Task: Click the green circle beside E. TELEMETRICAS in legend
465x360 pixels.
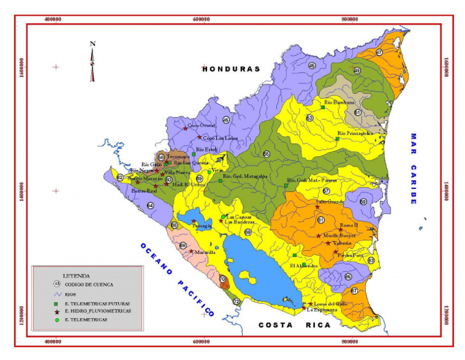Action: pos(56,319)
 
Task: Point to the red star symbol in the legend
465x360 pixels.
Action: pos(56,310)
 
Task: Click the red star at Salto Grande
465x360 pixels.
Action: pos(317,207)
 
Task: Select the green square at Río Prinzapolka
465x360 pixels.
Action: pos(337,138)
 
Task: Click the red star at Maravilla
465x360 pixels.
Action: pos(191,251)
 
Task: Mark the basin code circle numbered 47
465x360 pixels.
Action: pos(379,53)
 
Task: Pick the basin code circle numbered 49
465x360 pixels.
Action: pos(357,71)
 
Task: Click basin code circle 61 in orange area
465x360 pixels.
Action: pos(320,220)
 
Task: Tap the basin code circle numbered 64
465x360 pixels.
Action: pos(150,205)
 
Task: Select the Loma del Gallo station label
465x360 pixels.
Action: pos(331,304)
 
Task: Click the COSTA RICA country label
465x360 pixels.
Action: pos(295,325)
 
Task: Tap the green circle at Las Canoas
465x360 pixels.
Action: pos(223,216)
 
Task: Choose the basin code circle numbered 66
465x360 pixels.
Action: pos(348,276)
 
